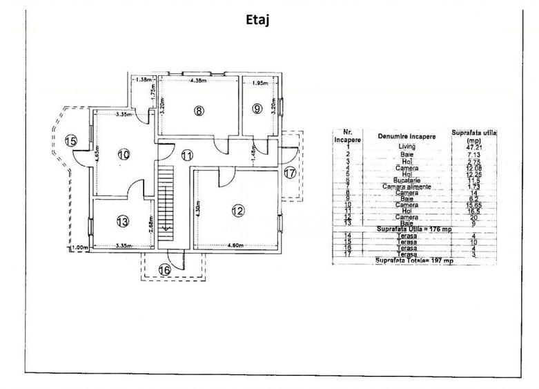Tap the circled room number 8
199,110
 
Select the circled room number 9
257,108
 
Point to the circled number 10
123,155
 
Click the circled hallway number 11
187,155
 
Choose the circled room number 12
237,211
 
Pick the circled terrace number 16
164,270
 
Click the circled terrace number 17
290,173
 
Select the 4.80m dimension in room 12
237,245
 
